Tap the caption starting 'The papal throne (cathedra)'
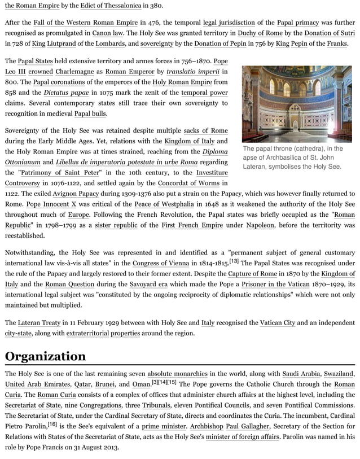292,158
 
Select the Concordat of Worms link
189,183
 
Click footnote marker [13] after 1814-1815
234,261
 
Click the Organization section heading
46,356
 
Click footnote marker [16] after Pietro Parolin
52,423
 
